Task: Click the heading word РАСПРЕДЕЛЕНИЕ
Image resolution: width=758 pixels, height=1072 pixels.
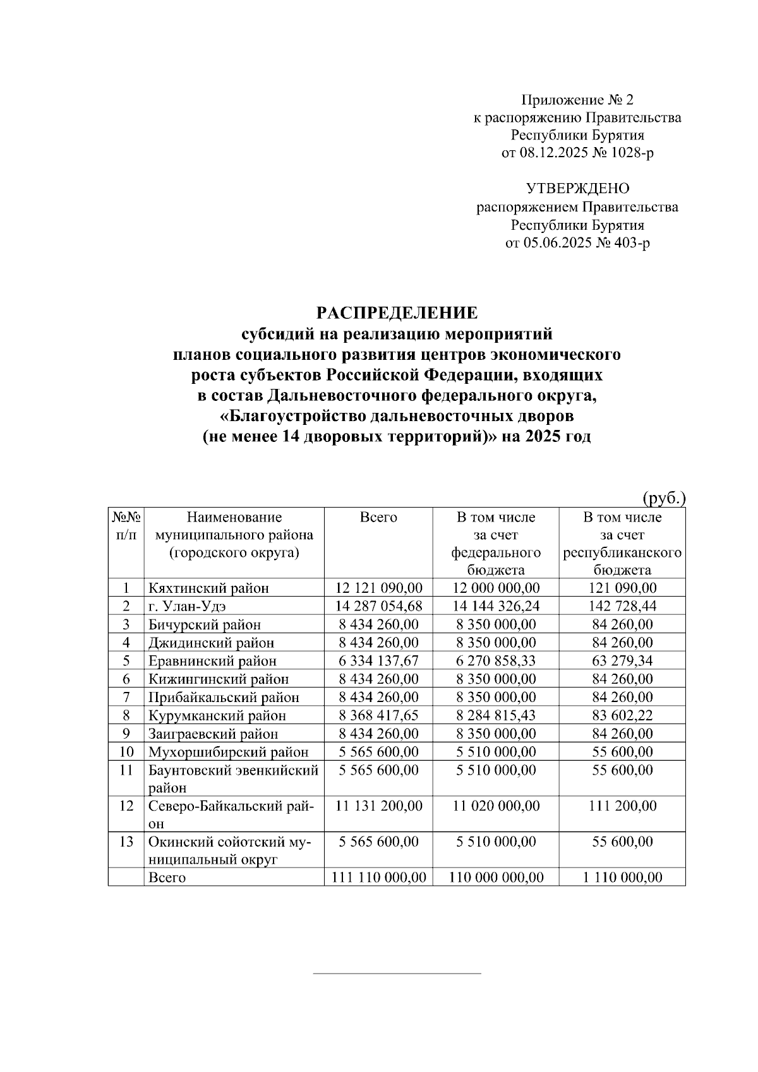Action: (397, 313)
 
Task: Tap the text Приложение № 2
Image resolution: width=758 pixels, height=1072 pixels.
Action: (577, 100)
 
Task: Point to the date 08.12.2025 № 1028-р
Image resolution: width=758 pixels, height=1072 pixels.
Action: (577, 153)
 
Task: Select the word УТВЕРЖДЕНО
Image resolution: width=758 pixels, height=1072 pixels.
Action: (577, 189)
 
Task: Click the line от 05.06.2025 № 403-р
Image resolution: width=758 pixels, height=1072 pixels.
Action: (577, 243)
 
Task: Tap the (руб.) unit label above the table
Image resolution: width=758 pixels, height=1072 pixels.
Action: (664, 498)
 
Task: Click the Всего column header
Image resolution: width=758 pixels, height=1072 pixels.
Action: (378, 518)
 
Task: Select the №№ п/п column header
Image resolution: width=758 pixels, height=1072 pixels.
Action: (126, 526)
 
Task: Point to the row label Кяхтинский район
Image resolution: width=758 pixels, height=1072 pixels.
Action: (208, 588)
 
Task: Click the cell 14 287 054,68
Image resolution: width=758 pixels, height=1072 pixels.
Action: (378, 606)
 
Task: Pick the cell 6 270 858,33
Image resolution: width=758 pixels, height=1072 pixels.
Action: (496, 661)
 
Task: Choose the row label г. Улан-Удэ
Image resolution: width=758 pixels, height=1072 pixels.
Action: (187, 606)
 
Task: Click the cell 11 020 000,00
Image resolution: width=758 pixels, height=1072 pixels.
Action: (496, 806)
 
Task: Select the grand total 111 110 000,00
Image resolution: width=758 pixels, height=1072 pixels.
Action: (378, 878)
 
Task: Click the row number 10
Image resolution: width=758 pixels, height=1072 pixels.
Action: (126, 752)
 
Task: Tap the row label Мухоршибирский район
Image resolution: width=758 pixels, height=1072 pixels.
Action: (228, 752)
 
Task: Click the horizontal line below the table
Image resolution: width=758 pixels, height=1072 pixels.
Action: (397, 974)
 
